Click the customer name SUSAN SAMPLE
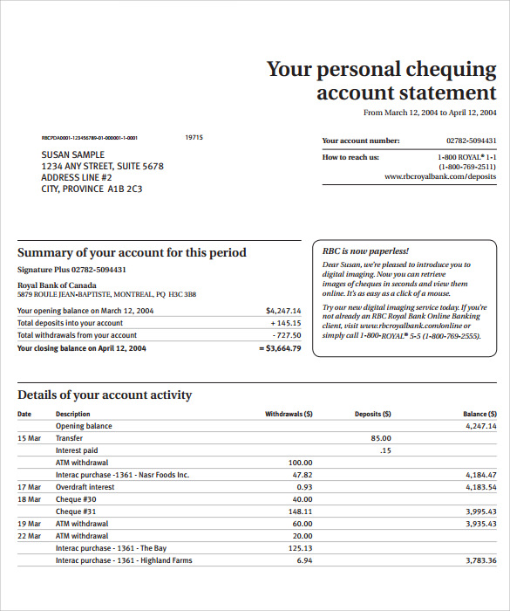pos(73,154)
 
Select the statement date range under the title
pos(429,113)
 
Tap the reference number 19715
pos(194,137)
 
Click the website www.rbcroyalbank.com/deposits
pos(440,176)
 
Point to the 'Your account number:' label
pos(361,141)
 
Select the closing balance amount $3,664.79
pos(280,348)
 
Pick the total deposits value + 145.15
pos(284,323)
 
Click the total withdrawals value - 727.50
pos(285,335)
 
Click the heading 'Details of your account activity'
pos(105,395)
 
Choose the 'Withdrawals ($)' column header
pos(289,414)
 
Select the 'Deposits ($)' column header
pos(373,414)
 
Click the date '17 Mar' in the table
pos(29,487)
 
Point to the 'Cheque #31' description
pos(76,511)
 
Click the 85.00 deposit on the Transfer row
pos(380,438)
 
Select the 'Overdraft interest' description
pos(85,487)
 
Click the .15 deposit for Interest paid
pos(385,450)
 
